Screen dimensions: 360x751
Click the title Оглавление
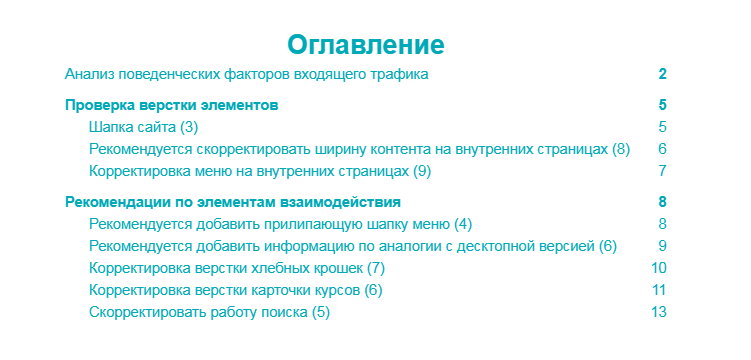point(366,44)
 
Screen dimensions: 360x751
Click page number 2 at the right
point(662,75)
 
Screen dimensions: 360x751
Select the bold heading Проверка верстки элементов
point(171,105)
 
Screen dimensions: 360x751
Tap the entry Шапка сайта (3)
point(143,127)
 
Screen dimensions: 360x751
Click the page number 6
point(662,149)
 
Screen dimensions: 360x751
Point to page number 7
point(662,171)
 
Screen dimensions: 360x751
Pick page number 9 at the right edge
point(662,246)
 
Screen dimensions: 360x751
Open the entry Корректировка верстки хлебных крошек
point(236,268)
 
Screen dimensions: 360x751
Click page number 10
point(658,268)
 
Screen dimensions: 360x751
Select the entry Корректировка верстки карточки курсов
point(235,290)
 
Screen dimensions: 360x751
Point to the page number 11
point(658,290)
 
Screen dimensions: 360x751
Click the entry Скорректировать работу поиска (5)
point(208,312)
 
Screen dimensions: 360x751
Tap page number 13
point(658,312)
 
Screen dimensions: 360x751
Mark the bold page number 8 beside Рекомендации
point(662,202)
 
